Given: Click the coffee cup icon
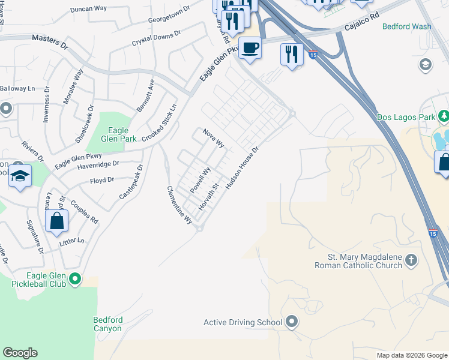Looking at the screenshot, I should point(250,47).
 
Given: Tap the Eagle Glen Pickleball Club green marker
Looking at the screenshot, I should point(75,278).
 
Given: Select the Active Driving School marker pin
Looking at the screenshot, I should point(292,322).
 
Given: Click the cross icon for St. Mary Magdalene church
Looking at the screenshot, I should point(411,260).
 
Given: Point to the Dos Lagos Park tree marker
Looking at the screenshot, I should point(443,116).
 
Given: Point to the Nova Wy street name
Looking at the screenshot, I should point(213,137).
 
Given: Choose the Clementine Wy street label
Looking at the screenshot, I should point(179,205).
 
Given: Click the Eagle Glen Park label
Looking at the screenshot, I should point(122,134).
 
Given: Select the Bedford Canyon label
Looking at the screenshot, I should point(108,324).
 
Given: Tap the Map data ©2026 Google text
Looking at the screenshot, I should point(411,355).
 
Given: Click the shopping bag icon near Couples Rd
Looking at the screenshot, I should point(56,220).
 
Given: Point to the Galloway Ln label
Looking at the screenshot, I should point(17,88).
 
